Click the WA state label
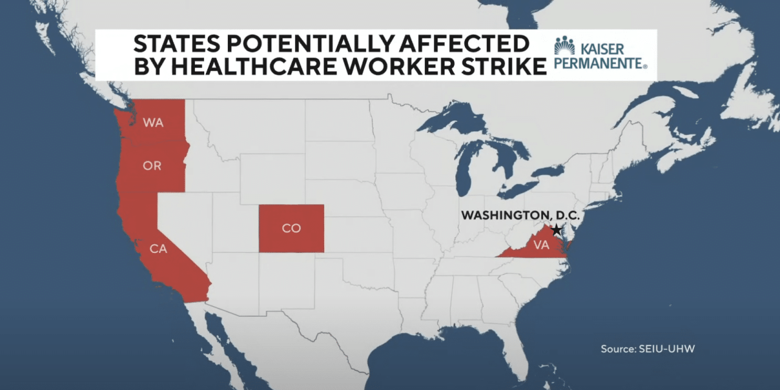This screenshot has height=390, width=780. tap(154, 122)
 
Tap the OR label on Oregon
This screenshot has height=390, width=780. tap(152, 166)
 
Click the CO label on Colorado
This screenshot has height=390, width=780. tap(291, 228)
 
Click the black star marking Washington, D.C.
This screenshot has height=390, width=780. tap(556, 230)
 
